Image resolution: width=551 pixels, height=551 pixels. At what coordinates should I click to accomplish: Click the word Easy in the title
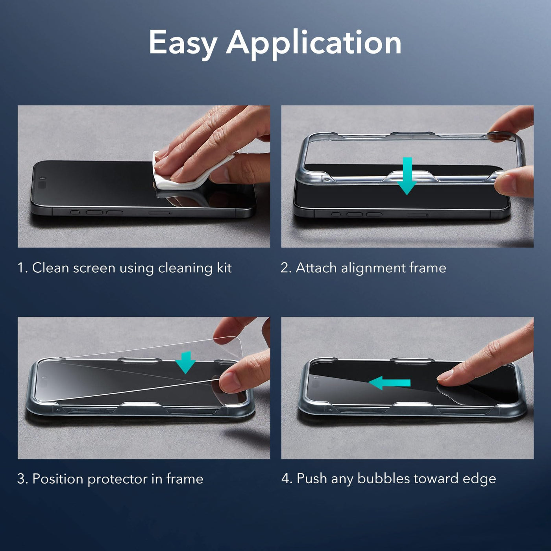click(183, 43)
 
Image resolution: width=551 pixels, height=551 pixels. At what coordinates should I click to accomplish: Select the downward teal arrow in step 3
click(186, 362)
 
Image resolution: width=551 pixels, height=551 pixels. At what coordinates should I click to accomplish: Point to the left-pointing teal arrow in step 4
click(390, 383)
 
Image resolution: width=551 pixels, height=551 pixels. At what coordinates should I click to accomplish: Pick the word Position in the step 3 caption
click(58, 479)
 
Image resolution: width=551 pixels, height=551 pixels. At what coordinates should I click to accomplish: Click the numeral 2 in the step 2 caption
click(285, 268)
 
